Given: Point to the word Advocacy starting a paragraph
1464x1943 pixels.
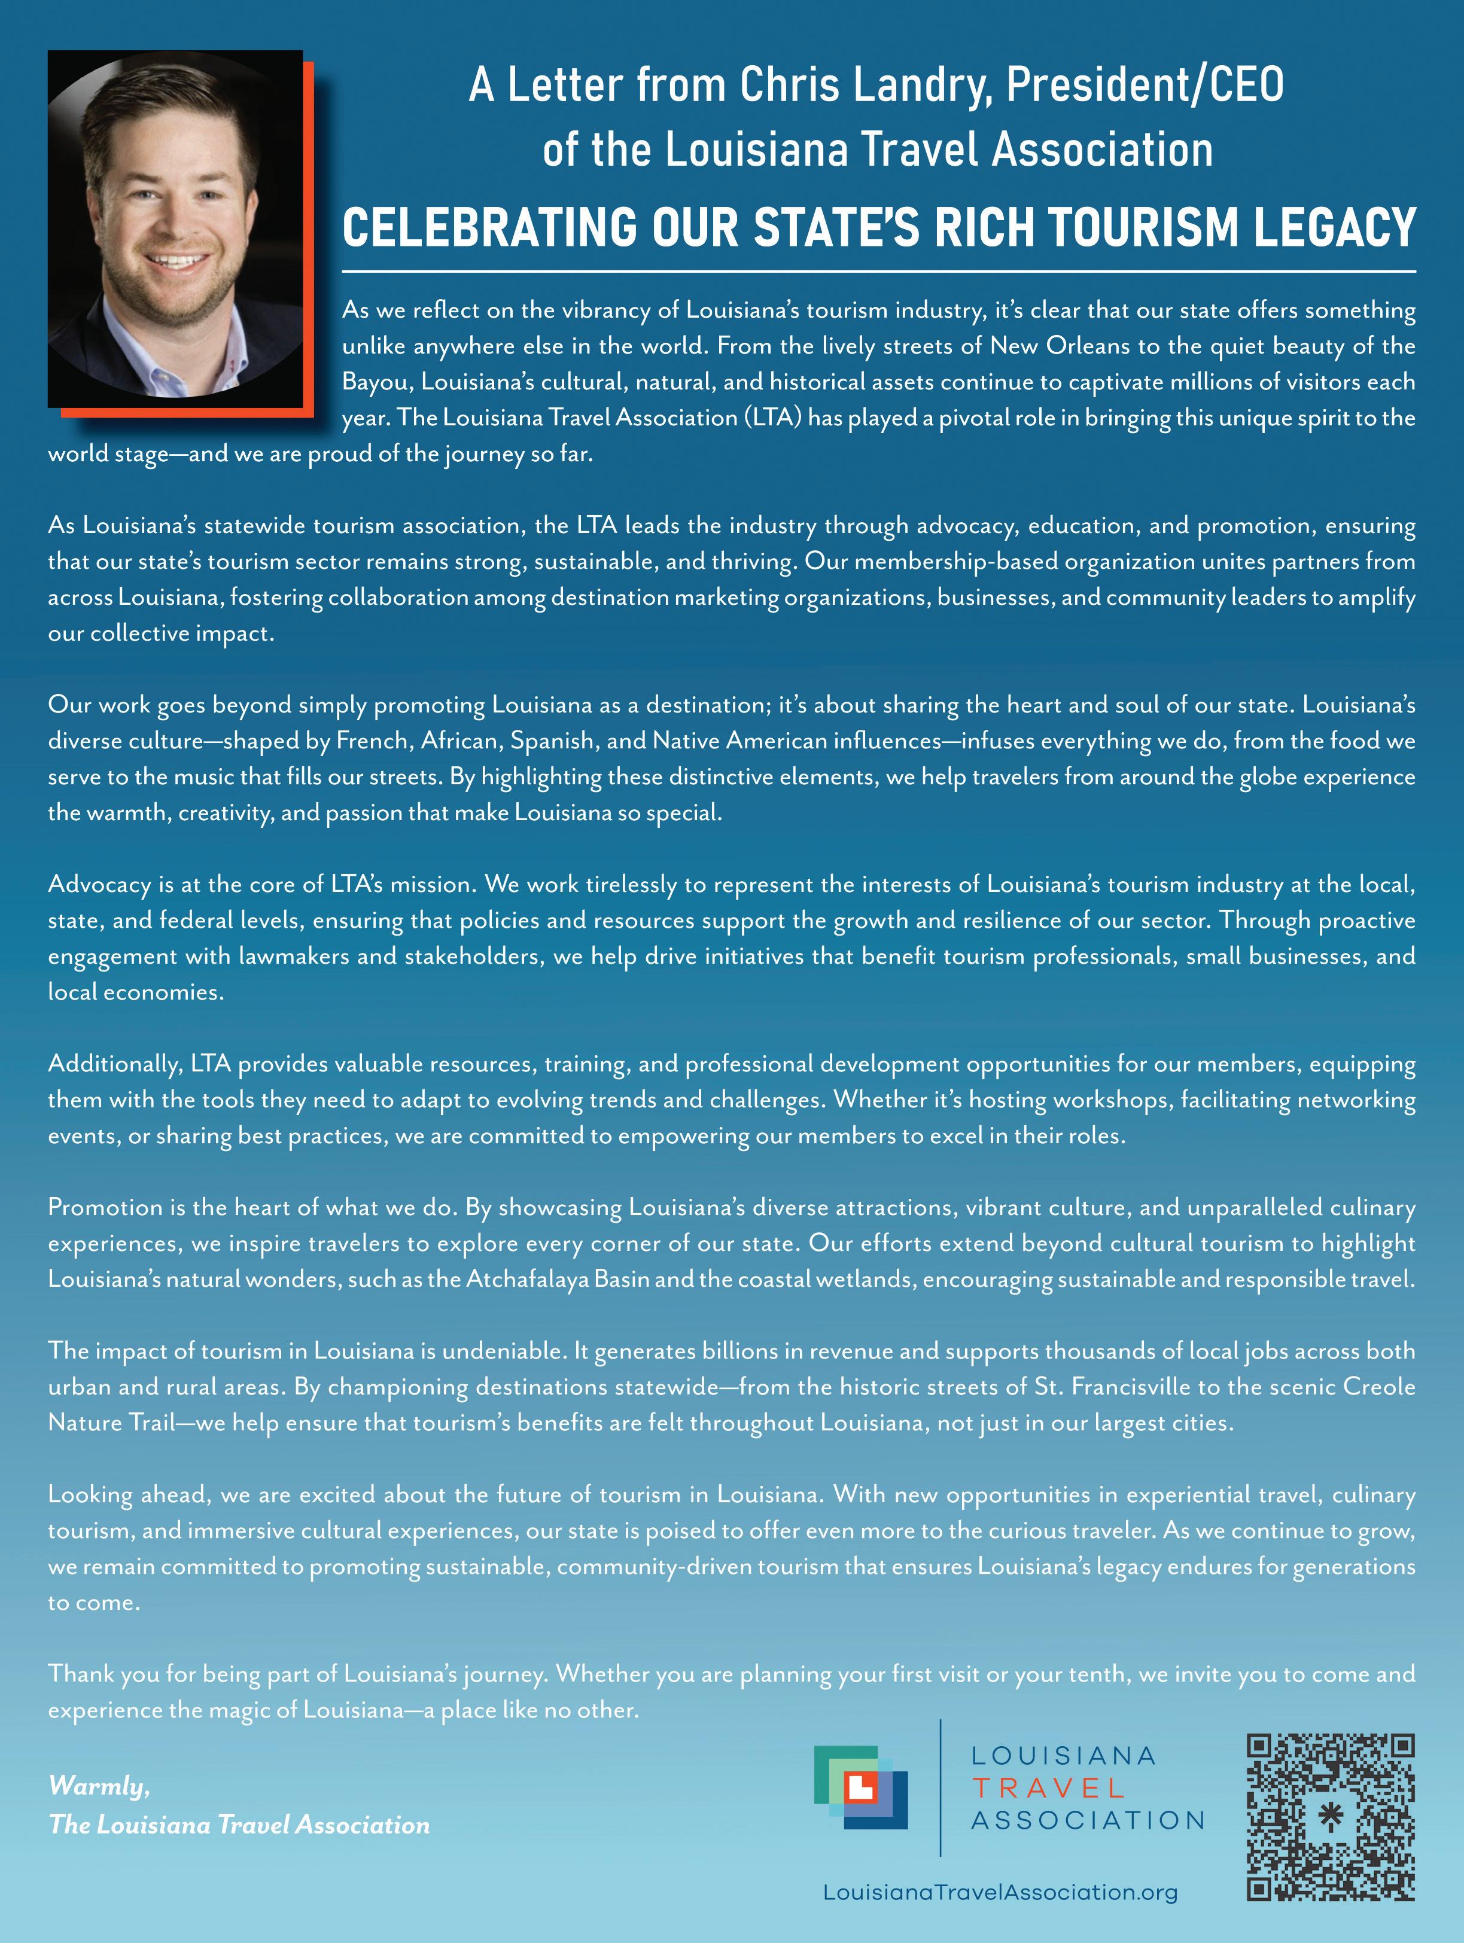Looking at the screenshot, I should tap(99, 885).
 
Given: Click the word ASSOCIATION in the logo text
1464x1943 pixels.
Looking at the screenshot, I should tap(1087, 1820).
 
